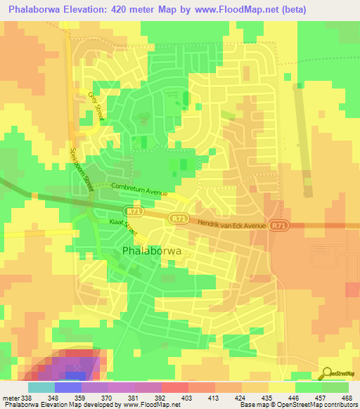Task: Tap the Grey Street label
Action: [95, 105]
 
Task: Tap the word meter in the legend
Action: [11, 397]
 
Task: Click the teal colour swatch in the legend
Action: [41, 387]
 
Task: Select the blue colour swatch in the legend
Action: [68, 387]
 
